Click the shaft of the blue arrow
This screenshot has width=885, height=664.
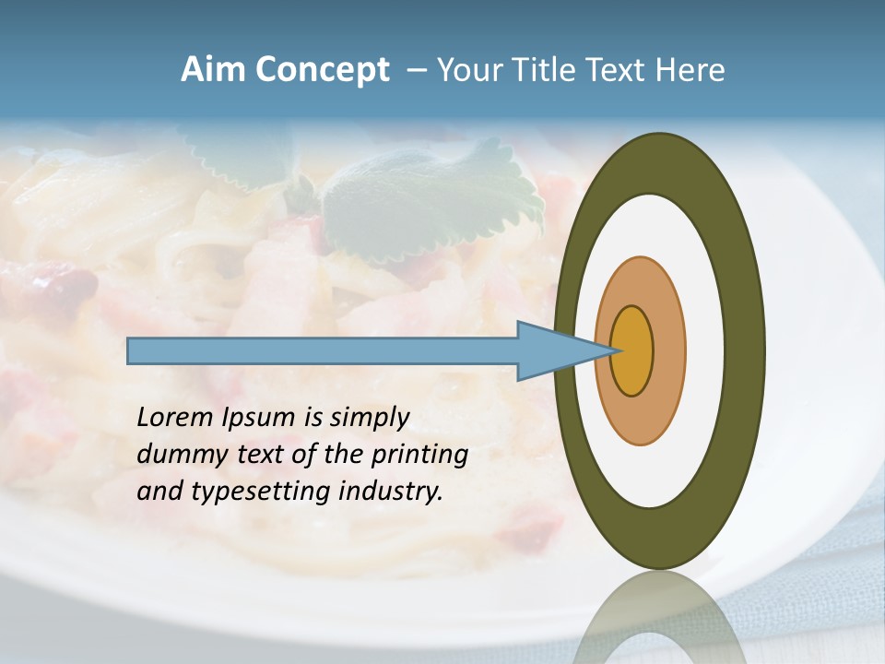click(323, 351)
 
